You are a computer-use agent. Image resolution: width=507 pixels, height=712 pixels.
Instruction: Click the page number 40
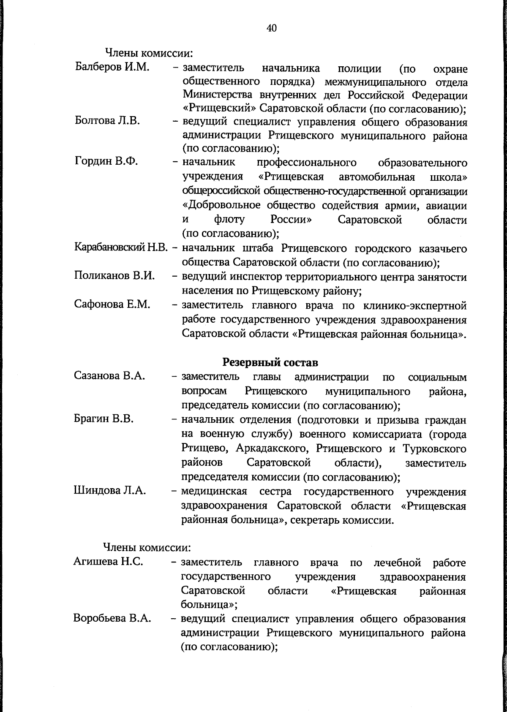pyautogui.click(x=272, y=28)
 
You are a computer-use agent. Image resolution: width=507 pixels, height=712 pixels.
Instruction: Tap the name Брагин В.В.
pyautogui.click(x=104, y=419)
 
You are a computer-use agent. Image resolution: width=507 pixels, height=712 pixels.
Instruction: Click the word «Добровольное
pyautogui.click(x=222, y=206)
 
